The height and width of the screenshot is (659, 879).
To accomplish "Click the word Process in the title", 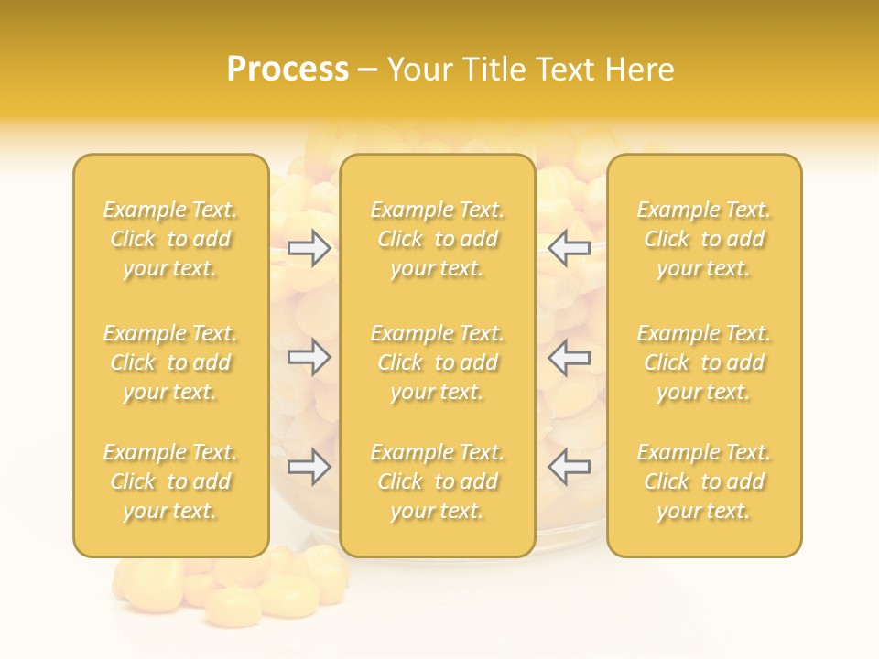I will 288,70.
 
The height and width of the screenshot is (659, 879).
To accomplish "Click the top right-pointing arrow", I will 309,248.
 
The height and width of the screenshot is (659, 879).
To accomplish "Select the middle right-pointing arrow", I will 309,357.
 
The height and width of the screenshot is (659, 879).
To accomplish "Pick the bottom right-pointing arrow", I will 309,467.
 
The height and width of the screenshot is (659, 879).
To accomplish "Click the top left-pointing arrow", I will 569,248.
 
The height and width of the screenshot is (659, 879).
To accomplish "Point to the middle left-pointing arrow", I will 569,357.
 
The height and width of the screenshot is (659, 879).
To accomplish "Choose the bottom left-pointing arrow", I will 569,467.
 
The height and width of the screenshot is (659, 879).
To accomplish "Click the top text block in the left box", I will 170,239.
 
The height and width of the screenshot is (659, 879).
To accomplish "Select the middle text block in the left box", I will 170,362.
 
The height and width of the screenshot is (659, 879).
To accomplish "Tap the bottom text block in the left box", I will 170,481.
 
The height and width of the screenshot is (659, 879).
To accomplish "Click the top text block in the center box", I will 438,239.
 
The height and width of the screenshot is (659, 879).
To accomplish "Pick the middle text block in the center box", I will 438,362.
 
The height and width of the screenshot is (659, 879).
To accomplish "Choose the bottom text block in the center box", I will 438,481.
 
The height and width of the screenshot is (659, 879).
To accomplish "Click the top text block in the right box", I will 704,239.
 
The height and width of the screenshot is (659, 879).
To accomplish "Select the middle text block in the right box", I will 704,362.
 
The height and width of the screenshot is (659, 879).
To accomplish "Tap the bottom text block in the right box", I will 704,481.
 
